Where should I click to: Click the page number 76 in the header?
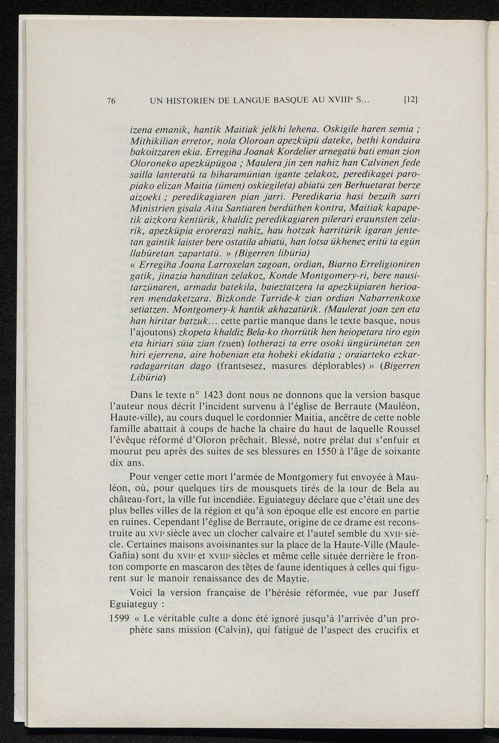tap(111, 101)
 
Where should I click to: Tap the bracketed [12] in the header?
tap(412, 100)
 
